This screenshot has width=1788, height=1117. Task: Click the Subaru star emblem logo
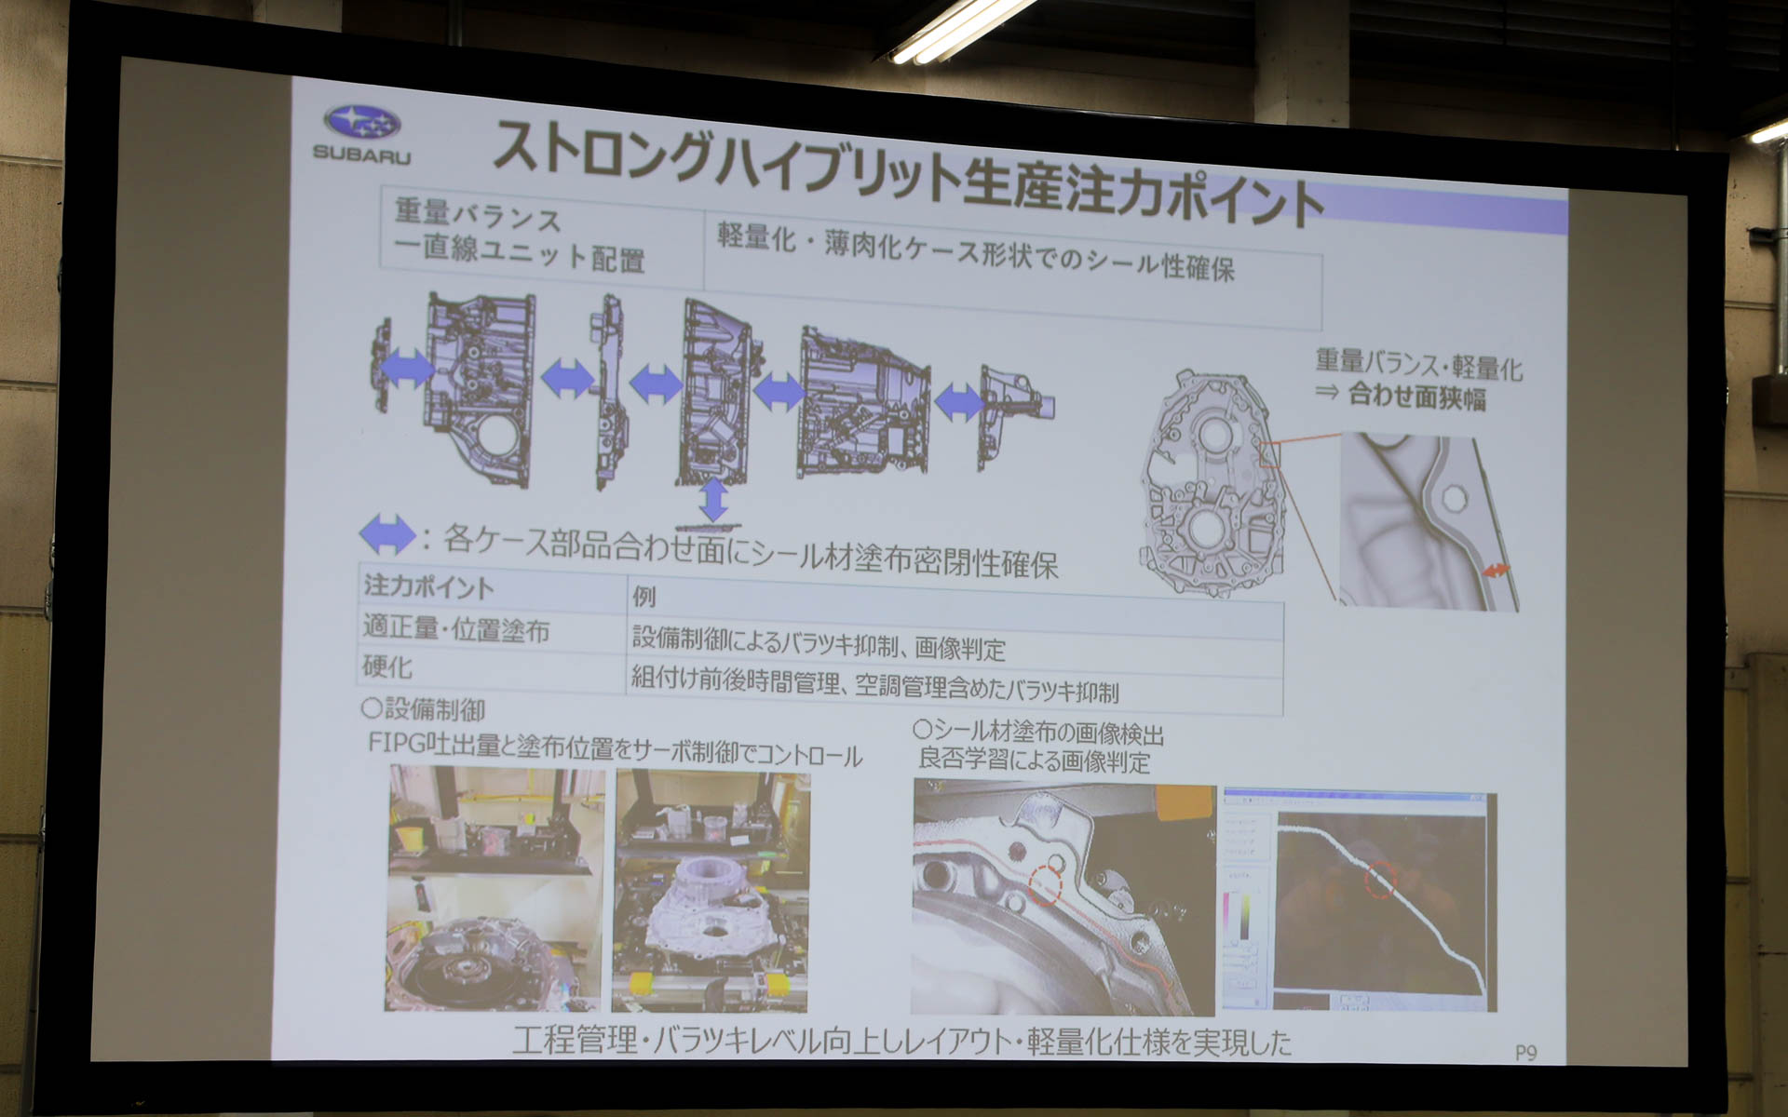(x=362, y=122)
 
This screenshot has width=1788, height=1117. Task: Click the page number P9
(x=1525, y=1053)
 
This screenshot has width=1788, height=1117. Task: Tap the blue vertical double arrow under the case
(x=713, y=499)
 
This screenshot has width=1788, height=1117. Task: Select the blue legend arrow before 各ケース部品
(x=386, y=534)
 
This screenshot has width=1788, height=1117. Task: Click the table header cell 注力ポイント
(x=428, y=586)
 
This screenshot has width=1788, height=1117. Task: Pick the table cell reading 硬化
(x=387, y=666)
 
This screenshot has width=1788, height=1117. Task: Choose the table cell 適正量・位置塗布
(x=455, y=628)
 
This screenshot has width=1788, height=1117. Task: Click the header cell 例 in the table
(x=643, y=596)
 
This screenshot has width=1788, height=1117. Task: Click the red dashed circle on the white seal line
(x=1380, y=878)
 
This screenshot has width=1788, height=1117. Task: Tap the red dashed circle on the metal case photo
(x=1046, y=883)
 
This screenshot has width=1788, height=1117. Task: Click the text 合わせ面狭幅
(x=1416, y=397)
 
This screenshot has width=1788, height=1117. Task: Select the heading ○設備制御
(x=424, y=710)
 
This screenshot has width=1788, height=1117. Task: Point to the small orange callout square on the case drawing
(x=1269, y=454)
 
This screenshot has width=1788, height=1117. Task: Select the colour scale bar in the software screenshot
(x=1242, y=916)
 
